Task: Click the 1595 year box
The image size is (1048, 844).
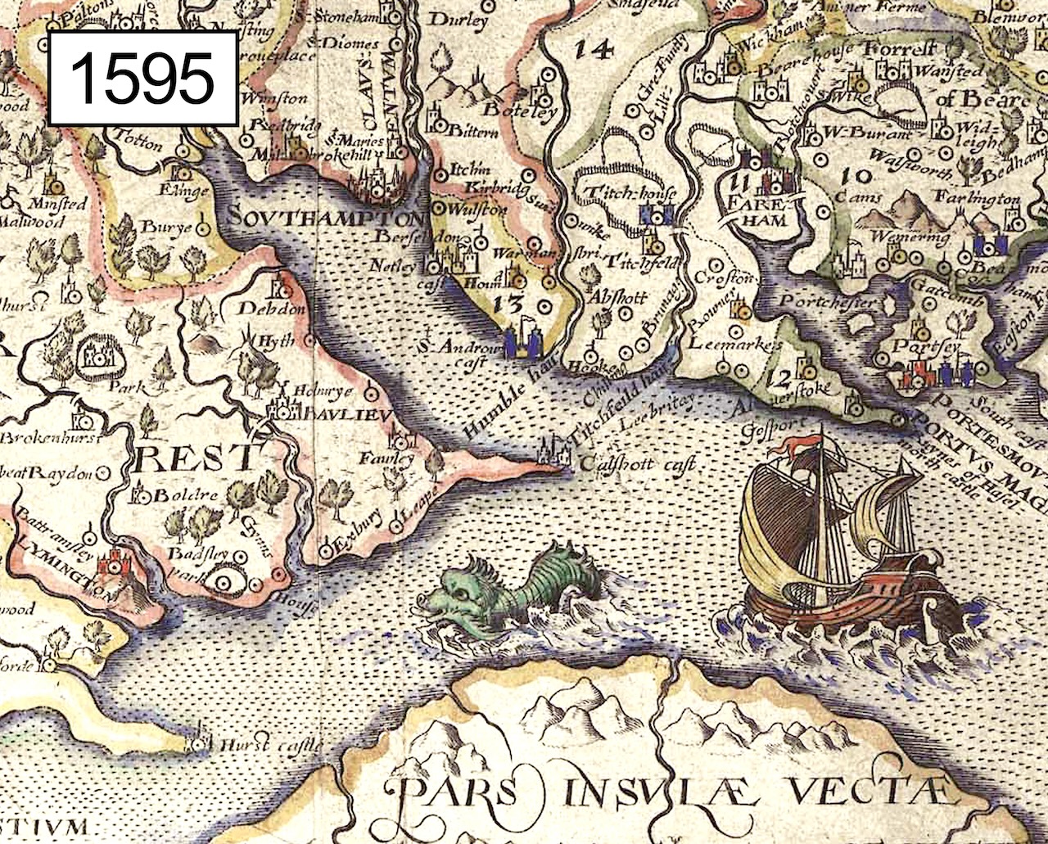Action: coord(143,79)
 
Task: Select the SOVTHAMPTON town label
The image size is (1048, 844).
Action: coord(327,218)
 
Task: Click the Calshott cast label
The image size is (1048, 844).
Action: coord(637,465)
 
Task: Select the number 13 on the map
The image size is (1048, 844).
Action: coord(510,305)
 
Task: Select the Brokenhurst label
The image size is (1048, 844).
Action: coord(49,438)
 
